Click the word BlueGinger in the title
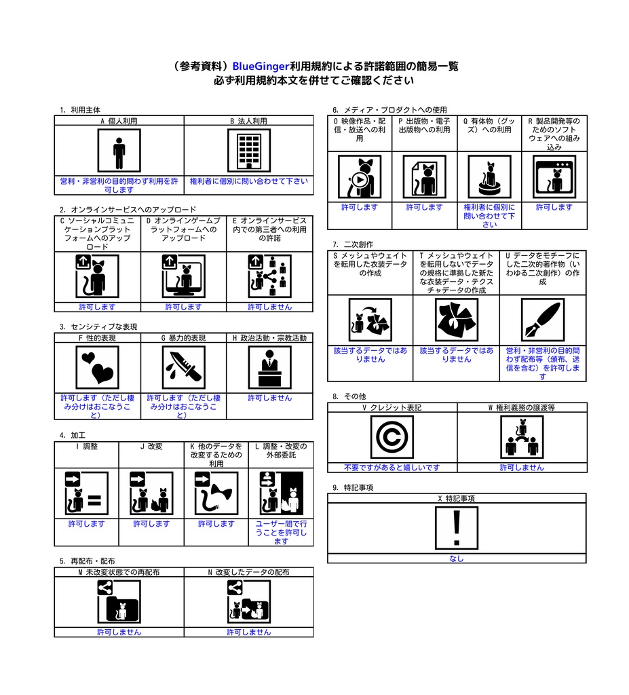[x=261, y=67]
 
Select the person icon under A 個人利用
[x=119, y=151]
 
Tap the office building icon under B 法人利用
[x=248, y=151]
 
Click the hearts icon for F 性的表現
[x=97, y=367]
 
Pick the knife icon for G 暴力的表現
[x=183, y=367]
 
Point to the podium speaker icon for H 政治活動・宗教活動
[x=269, y=367]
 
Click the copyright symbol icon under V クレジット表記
[x=392, y=437]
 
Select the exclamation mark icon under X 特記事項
[x=456, y=528]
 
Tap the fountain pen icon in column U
[x=542, y=320]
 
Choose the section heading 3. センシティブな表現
[x=98, y=327]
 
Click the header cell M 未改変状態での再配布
[x=119, y=572]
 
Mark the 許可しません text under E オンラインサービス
[x=269, y=307]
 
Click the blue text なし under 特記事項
[x=456, y=559]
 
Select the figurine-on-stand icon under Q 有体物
[x=489, y=177]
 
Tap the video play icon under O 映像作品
[x=360, y=177]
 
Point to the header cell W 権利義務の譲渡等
[x=522, y=408]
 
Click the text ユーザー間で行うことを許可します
[x=281, y=532]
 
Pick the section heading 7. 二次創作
[x=352, y=244]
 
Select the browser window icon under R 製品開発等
[x=554, y=177]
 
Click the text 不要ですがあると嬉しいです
[x=392, y=467]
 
